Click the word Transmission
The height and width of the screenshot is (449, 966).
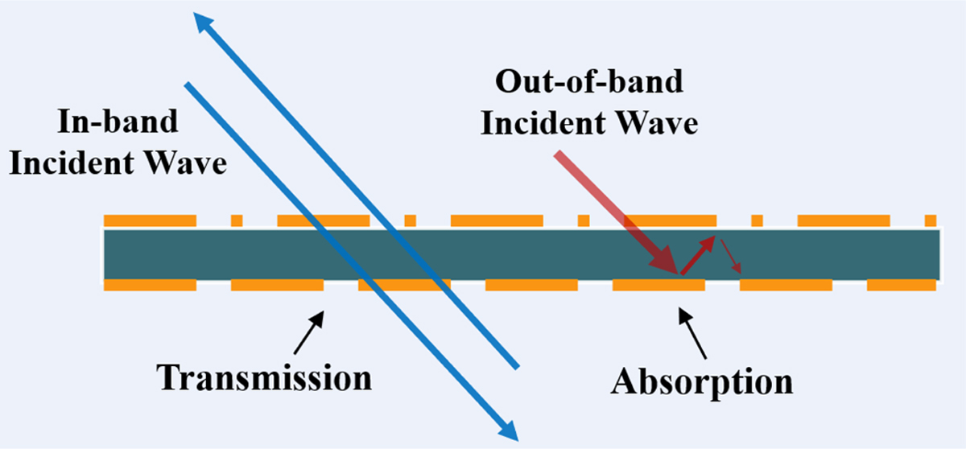(x=265, y=377)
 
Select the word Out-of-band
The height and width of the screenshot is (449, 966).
(x=589, y=84)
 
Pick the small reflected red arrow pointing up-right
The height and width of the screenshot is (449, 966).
(x=698, y=253)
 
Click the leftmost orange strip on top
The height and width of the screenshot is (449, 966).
(x=151, y=220)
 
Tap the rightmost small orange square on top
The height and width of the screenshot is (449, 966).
(x=931, y=220)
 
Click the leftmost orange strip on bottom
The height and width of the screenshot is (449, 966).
(x=151, y=284)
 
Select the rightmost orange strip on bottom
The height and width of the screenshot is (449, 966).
(x=902, y=284)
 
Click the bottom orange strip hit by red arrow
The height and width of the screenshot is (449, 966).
(x=658, y=284)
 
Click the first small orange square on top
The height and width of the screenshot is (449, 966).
(x=237, y=220)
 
